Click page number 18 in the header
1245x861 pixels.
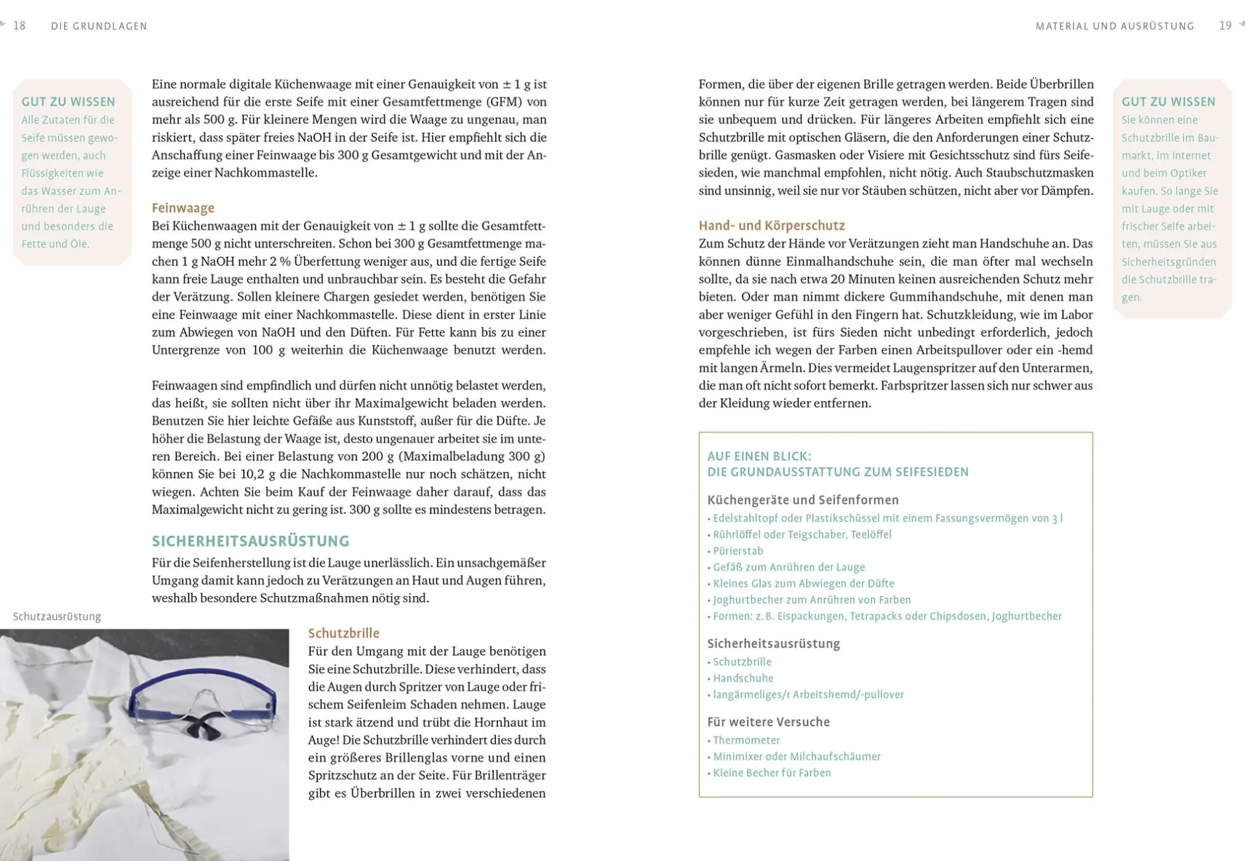pos(19,26)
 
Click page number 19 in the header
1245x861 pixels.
pos(1225,26)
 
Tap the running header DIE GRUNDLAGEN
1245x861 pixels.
pos(99,26)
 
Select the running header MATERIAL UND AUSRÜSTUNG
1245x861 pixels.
pos(1115,26)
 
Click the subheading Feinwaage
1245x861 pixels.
pos(183,208)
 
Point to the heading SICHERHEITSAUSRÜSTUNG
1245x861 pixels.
pos(250,541)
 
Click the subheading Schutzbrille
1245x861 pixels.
pos(344,633)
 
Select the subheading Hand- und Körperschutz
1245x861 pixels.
pos(772,226)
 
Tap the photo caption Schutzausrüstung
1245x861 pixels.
pos(57,617)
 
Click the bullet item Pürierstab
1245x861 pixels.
pos(738,551)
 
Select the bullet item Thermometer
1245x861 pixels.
pos(746,740)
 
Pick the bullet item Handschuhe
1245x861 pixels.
pos(743,678)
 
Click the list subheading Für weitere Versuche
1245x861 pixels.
pos(768,722)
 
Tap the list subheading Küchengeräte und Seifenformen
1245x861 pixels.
pos(803,500)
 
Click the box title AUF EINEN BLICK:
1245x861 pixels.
pos(759,456)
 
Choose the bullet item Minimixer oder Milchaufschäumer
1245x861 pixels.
pos(797,756)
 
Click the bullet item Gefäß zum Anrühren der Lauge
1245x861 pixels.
pos(789,567)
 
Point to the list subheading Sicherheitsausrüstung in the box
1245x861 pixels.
pos(773,644)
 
